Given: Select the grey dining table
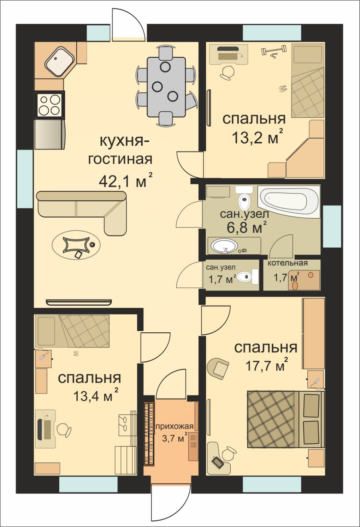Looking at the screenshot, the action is click(167, 87).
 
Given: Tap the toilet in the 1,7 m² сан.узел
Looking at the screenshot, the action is click(248, 276).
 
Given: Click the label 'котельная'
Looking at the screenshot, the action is click(288, 263).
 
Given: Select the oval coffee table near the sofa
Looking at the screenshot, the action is click(76, 245).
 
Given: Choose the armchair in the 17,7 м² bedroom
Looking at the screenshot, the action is click(218, 369).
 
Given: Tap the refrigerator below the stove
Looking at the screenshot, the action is click(50, 134).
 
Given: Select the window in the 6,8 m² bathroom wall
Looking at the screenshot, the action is click(332, 226).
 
